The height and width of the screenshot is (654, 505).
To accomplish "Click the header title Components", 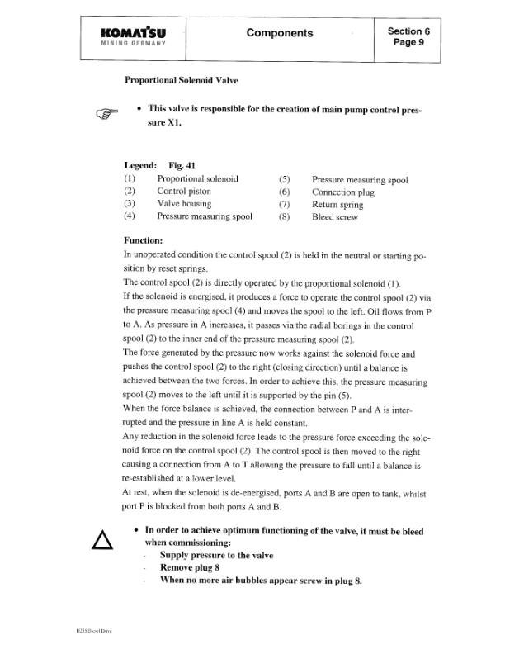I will (x=280, y=33).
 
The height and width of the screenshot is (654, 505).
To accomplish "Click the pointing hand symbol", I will (x=107, y=113).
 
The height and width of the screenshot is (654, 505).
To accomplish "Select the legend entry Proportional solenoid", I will (x=197, y=178).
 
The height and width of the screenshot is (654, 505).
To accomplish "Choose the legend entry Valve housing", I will (x=184, y=204).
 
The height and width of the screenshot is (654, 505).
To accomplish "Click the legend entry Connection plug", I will (x=343, y=192).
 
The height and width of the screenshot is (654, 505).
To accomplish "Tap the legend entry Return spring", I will (x=337, y=204).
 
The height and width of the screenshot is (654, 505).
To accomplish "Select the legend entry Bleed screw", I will (x=335, y=217).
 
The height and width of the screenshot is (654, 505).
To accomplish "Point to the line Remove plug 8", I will (x=190, y=568).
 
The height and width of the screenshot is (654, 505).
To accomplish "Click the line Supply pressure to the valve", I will (x=216, y=556).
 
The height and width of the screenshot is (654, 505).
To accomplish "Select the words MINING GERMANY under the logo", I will (x=132, y=44).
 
